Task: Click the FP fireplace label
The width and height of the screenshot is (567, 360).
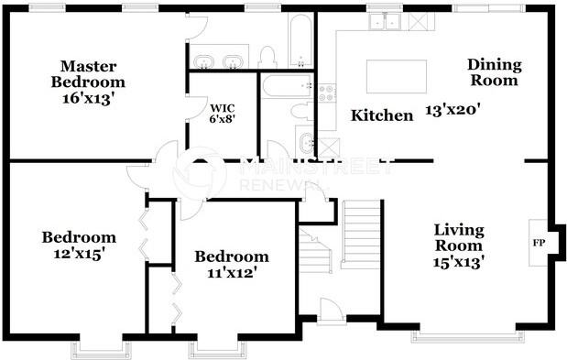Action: (539, 244)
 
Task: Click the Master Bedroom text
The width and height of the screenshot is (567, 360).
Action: (93, 74)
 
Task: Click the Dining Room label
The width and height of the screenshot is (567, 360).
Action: (495, 72)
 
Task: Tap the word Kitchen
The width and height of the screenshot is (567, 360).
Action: (382, 115)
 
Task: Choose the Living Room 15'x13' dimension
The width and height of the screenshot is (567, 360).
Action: (459, 261)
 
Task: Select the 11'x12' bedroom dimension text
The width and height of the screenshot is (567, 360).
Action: (232, 273)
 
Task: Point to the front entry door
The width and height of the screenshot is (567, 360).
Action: (330, 311)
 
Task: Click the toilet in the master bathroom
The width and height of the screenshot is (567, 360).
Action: (267, 57)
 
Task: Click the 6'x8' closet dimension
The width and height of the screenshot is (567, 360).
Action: (221, 119)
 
